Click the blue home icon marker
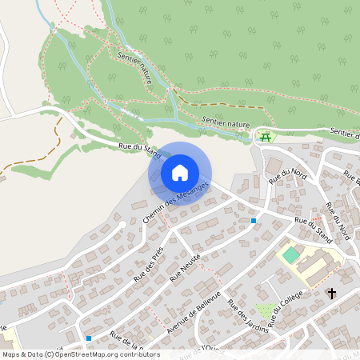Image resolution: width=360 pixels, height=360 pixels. pyautogui.click(x=180, y=173)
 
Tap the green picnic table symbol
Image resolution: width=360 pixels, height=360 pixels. pyautogui.click(x=265, y=138)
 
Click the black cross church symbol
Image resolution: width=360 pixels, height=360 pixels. pyautogui.click(x=331, y=294)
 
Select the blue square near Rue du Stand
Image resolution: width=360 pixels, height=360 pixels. pyautogui.click(x=254, y=220)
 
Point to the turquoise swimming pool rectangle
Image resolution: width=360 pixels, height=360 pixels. pyautogui.click(x=290, y=254)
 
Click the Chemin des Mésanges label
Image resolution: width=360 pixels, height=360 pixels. pyautogui.click(x=175, y=203)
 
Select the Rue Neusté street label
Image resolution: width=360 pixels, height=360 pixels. pyautogui.click(x=185, y=266)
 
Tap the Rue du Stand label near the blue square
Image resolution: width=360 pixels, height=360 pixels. pyautogui.click(x=313, y=229)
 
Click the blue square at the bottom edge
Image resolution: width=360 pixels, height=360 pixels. pyautogui.click(x=88, y=338)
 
